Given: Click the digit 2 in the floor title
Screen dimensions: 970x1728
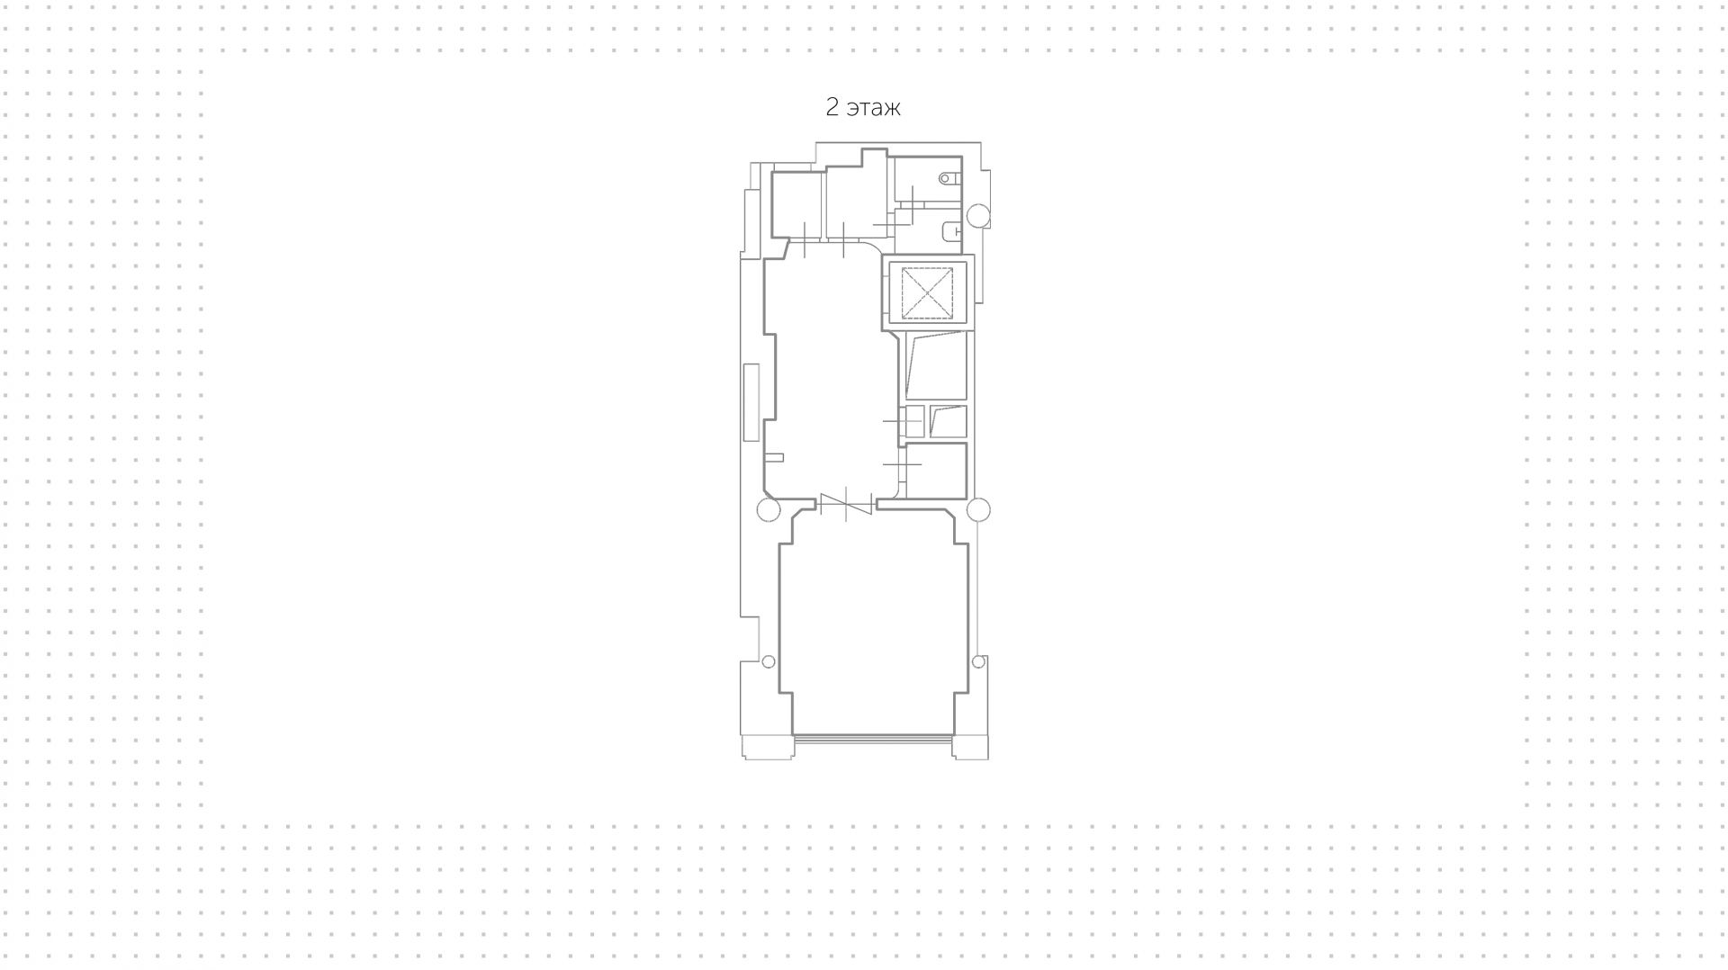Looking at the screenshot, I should coord(832,108).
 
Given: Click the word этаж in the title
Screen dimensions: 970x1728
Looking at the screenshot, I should coord(874,109).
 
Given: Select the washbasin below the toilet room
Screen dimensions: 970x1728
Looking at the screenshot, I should coord(949,233).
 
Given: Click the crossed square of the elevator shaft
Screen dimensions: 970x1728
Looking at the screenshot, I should coord(927,292).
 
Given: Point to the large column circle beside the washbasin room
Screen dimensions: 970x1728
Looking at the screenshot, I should coord(978,216).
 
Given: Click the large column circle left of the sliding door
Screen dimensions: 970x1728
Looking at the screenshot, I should coord(768,510).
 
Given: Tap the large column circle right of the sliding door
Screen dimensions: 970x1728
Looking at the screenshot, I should coord(978,510).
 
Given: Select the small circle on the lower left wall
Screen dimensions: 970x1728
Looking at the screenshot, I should coord(768,662).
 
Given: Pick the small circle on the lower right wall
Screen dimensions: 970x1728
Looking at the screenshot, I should coord(978,662).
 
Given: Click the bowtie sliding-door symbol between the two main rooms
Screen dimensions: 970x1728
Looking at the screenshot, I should coord(846,505).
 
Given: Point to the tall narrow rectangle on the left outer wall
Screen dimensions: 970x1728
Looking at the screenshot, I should coord(751,402).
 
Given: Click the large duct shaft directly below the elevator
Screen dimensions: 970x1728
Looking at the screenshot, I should coord(936,365).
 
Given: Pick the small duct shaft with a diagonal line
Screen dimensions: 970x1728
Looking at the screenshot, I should coord(948,421).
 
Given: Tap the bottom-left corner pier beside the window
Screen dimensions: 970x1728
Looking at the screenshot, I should coord(767,747).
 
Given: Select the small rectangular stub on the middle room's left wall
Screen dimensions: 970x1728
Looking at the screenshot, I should coord(774,458).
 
